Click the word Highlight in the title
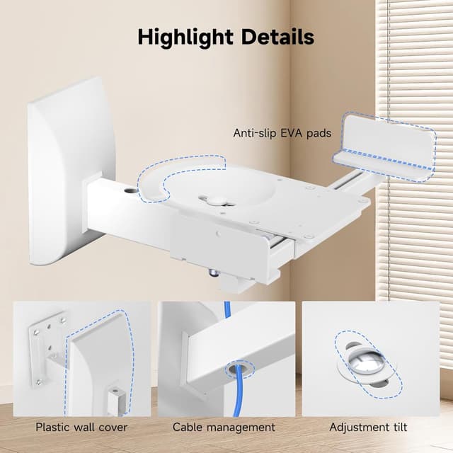pyautogui.click(x=185, y=38)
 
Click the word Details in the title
pyautogui.click(x=277, y=37)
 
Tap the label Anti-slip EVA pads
pyautogui.click(x=282, y=133)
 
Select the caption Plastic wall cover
pyautogui.click(x=81, y=427)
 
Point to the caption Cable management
pyautogui.click(x=224, y=428)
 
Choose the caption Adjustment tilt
pyautogui.click(x=368, y=428)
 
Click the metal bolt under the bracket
pyautogui.click(x=213, y=273)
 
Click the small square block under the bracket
pyautogui.click(x=234, y=285)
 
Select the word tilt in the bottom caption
pyautogui.click(x=398, y=427)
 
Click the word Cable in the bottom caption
pyautogui.click(x=188, y=427)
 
